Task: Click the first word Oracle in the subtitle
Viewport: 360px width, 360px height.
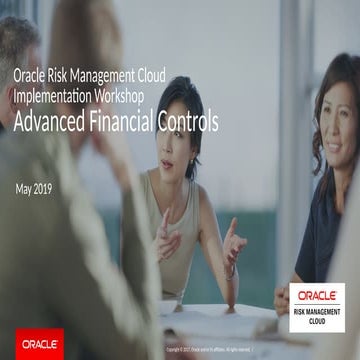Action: click(x=30, y=77)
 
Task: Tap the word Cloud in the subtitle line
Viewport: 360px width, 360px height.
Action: click(x=147, y=77)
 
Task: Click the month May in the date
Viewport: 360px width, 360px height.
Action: click(x=26, y=189)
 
